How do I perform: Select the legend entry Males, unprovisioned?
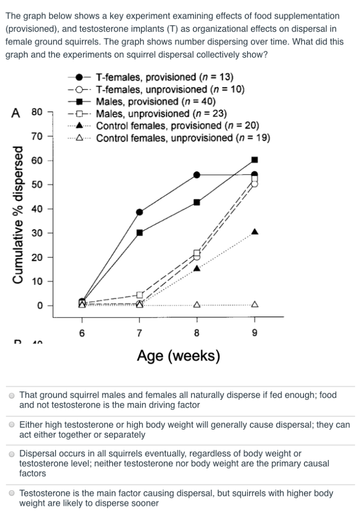pos(161,113)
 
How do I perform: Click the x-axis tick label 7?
pos(139,333)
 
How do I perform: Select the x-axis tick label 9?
pos(254,333)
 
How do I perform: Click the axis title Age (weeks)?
pos(178,356)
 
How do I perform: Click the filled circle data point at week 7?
pos(139,212)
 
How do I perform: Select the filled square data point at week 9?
pos(254,160)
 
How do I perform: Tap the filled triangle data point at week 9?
pos(254,232)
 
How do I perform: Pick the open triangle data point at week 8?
pos(197,304)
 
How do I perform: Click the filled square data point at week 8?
pos(197,202)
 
